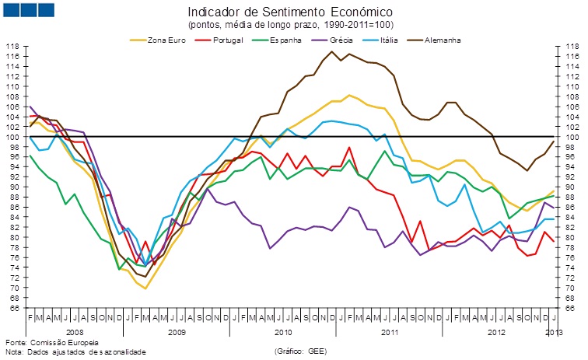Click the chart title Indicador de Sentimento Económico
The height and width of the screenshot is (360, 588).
[289, 12]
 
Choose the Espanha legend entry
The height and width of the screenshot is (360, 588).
[285, 40]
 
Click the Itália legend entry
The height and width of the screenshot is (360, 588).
[390, 40]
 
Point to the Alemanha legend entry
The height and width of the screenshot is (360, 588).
[443, 40]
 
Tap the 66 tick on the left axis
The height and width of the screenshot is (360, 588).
[14, 308]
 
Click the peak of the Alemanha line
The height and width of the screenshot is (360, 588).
[332, 52]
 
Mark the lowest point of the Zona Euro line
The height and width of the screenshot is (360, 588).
[145, 288]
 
